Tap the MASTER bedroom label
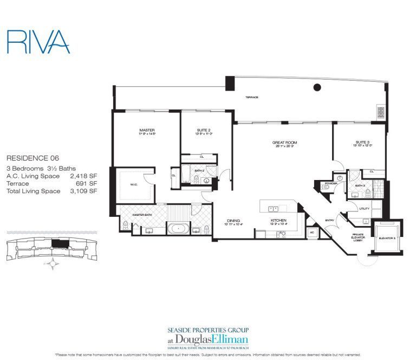(x=147, y=130)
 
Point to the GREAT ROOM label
(x=284, y=143)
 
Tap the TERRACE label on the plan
(x=251, y=97)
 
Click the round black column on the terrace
(x=317, y=89)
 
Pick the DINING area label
(x=233, y=220)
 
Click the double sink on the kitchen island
(x=275, y=208)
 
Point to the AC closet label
(x=311, y=232)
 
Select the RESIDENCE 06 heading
(x=32, y=158)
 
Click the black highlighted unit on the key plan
(x=64, y=243)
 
